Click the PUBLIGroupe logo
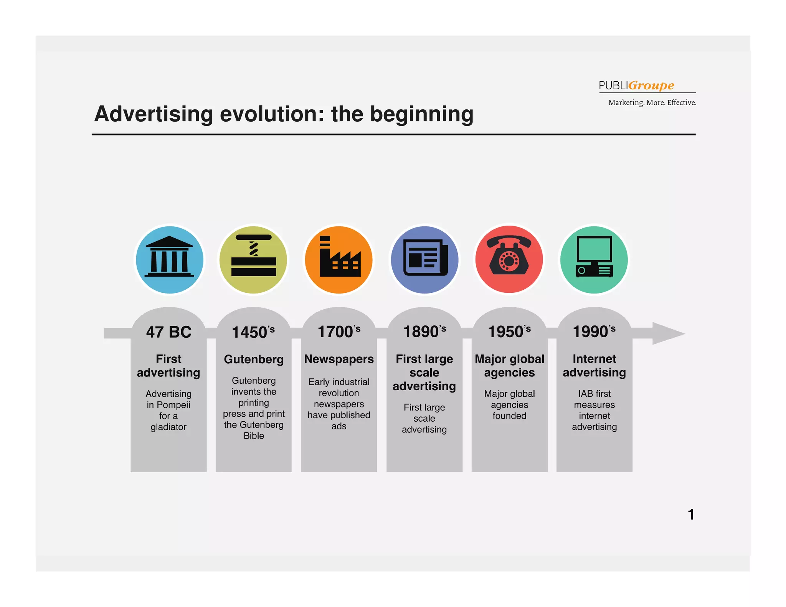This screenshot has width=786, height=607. [636, 85]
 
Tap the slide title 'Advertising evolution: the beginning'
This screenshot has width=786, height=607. [284, 114]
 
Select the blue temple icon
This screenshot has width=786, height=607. [169, 260]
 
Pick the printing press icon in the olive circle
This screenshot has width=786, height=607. [253, 260]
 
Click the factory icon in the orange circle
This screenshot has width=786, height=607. [339, 260]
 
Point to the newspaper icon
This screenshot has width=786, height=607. [424, 260]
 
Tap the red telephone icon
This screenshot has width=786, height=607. [509, 260]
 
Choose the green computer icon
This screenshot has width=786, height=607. [594, 260]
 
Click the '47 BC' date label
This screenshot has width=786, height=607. [168, 332]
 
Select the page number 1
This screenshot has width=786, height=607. [691, 515]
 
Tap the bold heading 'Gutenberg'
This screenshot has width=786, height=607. [254, 360]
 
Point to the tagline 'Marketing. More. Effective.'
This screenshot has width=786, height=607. [652, 103]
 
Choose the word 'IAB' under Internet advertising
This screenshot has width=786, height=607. [585, 394]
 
